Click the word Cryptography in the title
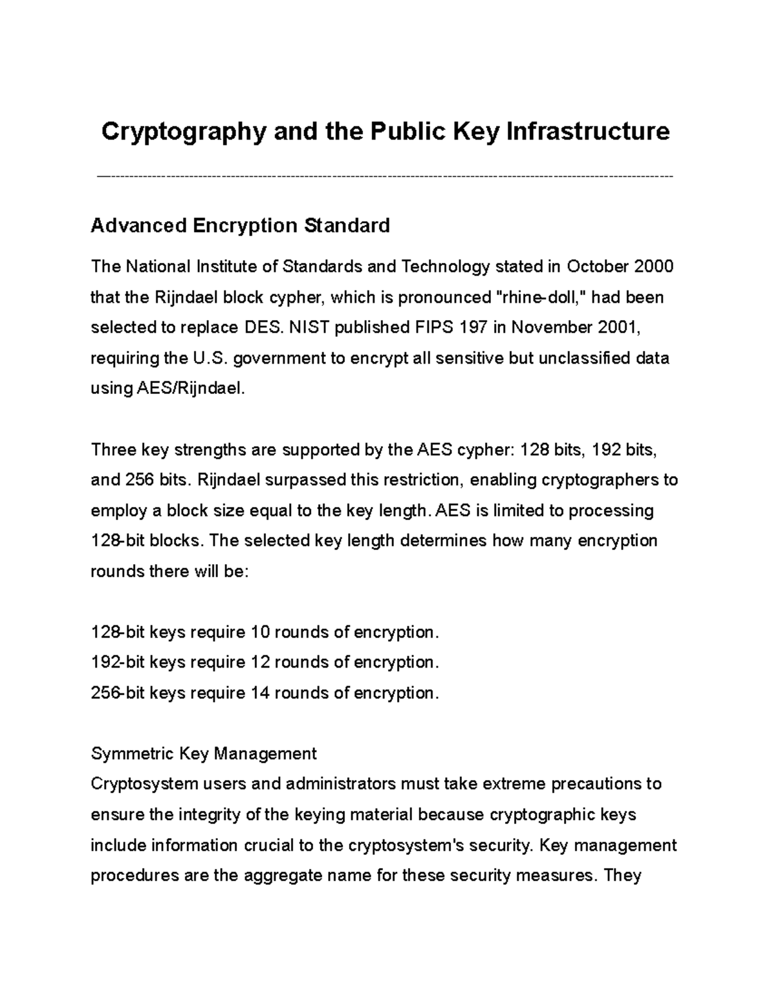[183, 132]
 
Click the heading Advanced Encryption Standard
[240, 226]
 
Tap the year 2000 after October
[653, 266]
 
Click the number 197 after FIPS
[474, 327]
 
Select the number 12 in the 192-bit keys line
[260, 663]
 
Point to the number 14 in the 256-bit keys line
[260, 693]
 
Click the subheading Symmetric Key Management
[204, 753]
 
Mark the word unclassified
[588, 358]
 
